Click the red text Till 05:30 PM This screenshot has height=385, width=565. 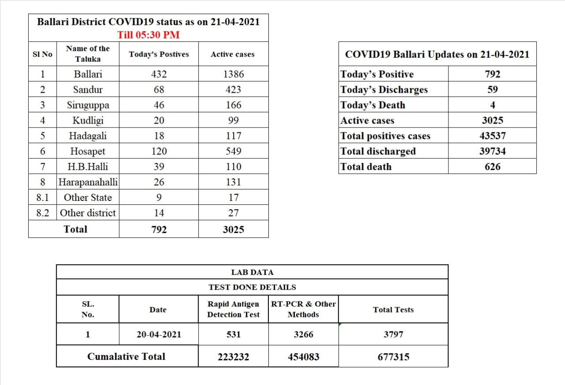148,34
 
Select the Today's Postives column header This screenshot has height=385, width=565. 159,54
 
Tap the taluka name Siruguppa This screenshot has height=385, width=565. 88,105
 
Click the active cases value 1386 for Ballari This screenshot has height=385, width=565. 233,74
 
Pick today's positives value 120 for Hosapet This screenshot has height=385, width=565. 159,151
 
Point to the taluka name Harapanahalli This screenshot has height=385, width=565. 88,182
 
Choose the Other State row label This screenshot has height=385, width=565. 88,197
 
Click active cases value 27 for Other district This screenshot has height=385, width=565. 233,213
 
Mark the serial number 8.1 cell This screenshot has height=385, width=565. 42,197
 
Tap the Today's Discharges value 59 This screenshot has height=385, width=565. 492,90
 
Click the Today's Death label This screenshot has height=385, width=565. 373,105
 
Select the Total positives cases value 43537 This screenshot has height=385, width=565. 492,136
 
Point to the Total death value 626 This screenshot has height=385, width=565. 492,167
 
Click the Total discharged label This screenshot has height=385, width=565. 378,151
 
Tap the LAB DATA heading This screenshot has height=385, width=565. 252,272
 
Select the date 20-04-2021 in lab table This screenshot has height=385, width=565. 158,335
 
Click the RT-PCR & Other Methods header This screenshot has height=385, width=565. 303,309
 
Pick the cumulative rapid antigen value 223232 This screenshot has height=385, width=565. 233,357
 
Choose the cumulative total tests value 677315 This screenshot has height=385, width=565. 393,357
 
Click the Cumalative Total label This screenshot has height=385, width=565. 126,356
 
